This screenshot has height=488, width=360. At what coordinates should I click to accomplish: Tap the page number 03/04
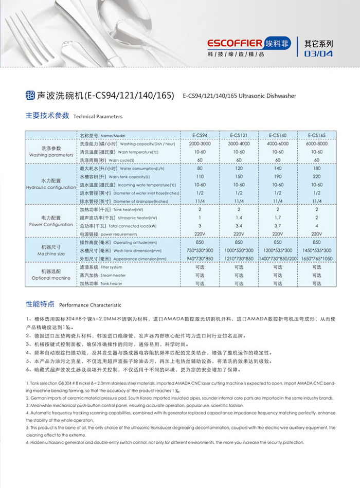[x=318, y=53]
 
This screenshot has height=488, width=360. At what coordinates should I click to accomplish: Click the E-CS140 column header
[x=278, y=135]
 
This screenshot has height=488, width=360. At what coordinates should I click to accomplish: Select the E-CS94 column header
[x=200, y=135]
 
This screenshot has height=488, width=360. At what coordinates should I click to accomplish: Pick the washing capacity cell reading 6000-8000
[x=317, y=144]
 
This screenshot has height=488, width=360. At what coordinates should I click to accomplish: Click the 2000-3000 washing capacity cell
[x=200, y=144]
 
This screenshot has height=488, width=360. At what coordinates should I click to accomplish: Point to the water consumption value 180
[x=317, y=168]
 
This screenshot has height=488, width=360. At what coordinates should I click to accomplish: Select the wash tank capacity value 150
[x=239, y=176]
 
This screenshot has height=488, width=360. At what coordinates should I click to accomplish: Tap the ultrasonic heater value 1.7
[x=278, y=218]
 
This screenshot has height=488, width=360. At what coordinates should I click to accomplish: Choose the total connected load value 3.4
[x=239, y=226]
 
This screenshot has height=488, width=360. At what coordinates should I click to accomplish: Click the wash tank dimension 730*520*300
[x=200, y=250]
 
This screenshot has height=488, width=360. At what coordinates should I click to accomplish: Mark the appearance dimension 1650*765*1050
[x=317, y=258]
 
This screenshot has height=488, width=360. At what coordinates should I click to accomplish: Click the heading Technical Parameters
[x=98, y=117]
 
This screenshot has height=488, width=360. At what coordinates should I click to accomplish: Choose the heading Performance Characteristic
[x=90, y=305]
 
